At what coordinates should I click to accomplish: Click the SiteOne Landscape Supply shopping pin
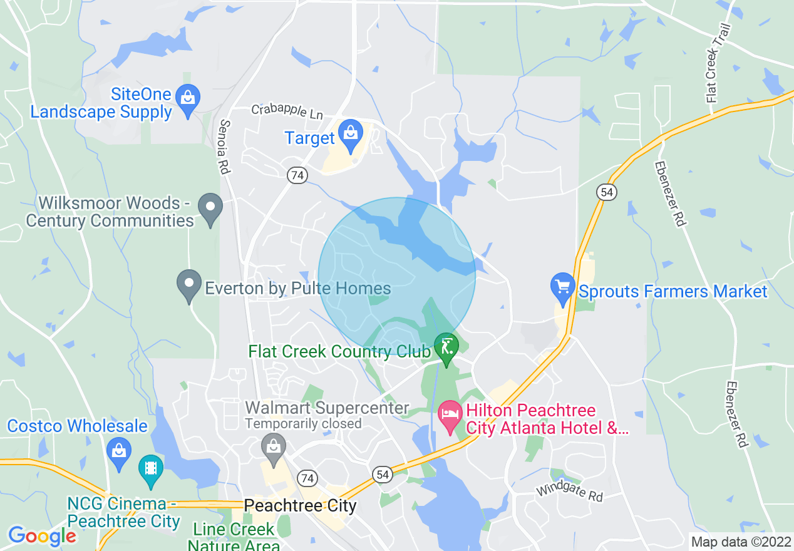[187, 99]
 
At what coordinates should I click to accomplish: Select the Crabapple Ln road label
[287, 112]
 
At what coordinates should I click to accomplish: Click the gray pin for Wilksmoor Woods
[210, 208]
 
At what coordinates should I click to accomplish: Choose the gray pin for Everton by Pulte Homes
[188, 284]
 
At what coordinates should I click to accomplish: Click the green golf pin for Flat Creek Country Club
[446, 348]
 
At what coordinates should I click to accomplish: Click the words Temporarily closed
[303, 423]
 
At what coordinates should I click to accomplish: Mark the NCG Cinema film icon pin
[150, 470]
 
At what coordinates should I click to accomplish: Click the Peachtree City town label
[300, 506]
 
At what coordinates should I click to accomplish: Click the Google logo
[41, 536]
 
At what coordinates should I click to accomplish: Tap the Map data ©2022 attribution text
[741, 542]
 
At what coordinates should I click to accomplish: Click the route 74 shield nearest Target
[297, 176]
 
